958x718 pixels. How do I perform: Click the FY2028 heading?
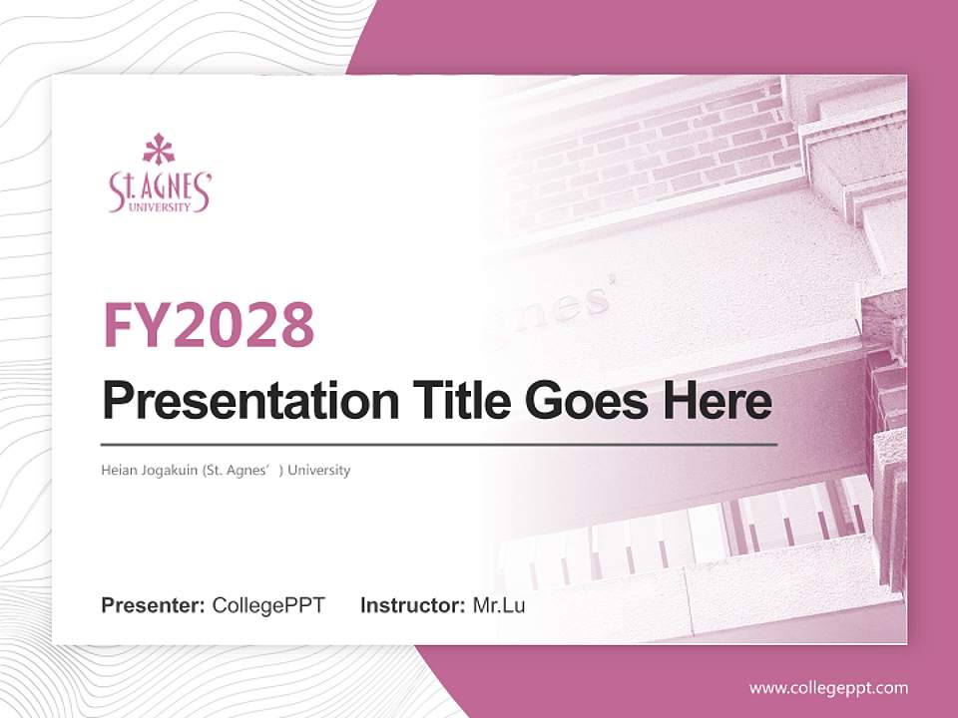point(209,325)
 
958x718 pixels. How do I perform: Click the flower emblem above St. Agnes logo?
point(159,150)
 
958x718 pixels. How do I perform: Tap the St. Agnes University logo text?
point(160,191)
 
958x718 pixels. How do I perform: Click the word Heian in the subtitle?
point(118,470)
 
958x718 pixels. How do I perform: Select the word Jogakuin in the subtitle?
point(169,470)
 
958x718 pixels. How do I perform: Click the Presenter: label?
point(154,605)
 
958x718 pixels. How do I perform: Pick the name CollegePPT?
point(268,605)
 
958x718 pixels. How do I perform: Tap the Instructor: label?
point(412,605)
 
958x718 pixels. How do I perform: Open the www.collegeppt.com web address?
point(828,687)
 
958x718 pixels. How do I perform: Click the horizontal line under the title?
point(439,444)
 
